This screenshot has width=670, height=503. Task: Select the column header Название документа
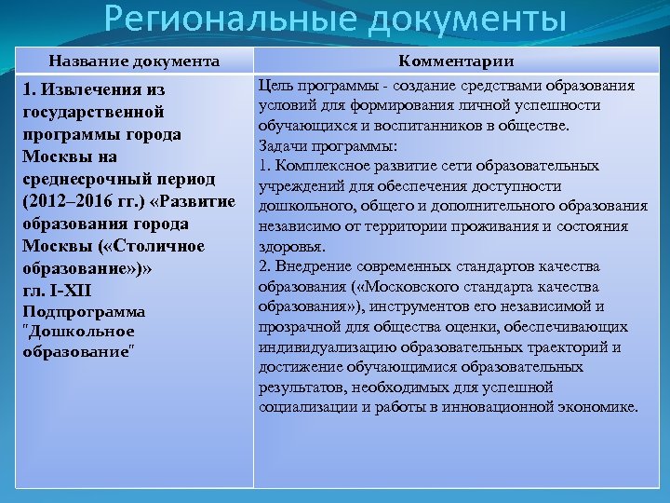tap(134, 61)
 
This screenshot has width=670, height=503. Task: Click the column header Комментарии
tap(456, 61)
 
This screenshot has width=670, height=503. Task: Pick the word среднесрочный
tap(88, 179)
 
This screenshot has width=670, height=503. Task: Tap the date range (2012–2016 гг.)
tap(83, 201)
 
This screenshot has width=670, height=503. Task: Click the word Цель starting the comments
tap(276, 86)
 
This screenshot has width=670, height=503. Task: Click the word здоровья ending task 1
tap(291, 247)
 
